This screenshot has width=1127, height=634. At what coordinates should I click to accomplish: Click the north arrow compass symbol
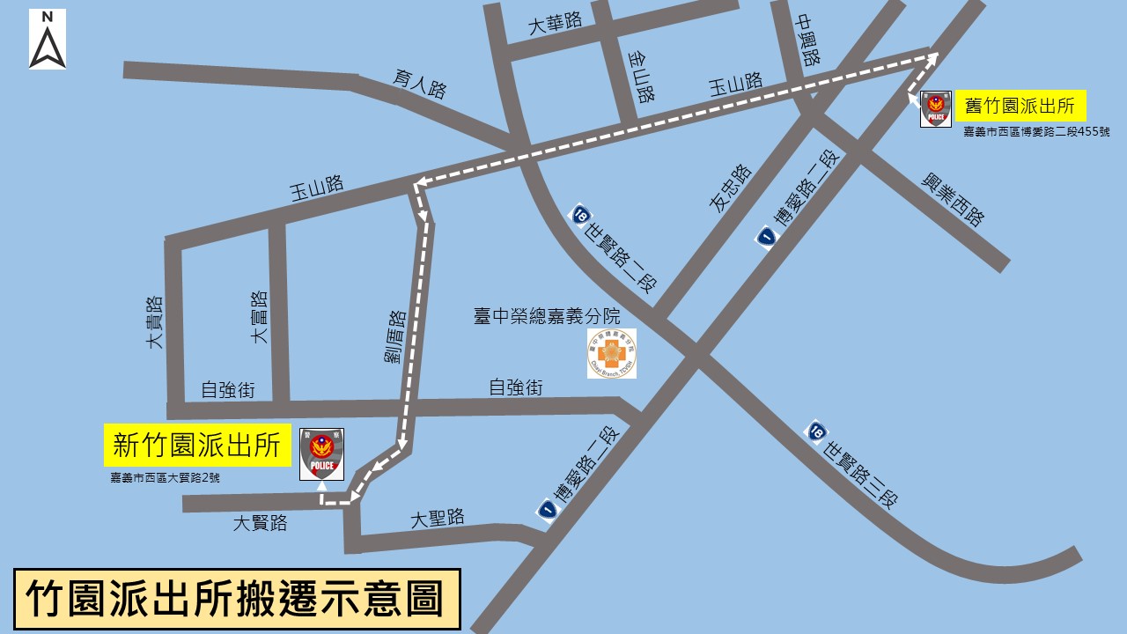tap(48, 40)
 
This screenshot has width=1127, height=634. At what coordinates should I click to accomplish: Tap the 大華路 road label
tap(555, 24)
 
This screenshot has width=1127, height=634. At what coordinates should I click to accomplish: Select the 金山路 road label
tap(641, 77)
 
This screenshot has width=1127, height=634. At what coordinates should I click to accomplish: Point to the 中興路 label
tap(807, 41)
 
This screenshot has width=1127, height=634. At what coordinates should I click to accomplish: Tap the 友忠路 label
tap(730, 188)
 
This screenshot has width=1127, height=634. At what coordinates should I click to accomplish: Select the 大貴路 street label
tap(156, 322)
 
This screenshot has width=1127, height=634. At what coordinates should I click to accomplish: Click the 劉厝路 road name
tap(389, 335)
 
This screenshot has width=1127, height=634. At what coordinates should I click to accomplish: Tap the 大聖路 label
tap(437, 519)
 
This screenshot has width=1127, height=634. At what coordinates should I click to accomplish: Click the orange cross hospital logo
tap(612, 354)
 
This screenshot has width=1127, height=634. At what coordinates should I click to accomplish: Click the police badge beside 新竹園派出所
tap(321, 454)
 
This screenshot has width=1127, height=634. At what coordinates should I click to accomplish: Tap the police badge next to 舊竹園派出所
tap(935, 109)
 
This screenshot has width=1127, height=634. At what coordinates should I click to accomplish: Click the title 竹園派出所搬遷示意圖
tap(237, 599)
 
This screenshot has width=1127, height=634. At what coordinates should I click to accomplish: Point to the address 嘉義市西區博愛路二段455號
tap(1036, 132)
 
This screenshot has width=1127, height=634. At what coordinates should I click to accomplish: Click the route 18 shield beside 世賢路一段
tap(581, 214)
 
